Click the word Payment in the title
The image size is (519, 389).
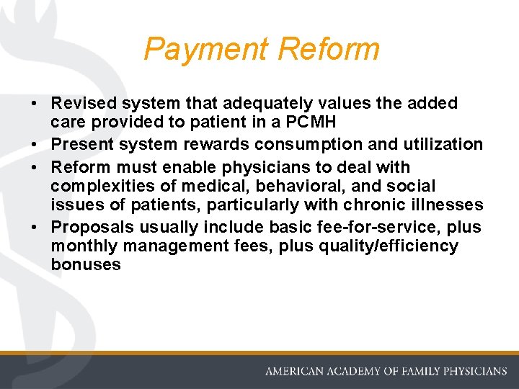(x=206, y=49)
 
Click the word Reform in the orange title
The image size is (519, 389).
(x=328, y=49)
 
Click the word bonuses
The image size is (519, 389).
(x=85, y=265)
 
